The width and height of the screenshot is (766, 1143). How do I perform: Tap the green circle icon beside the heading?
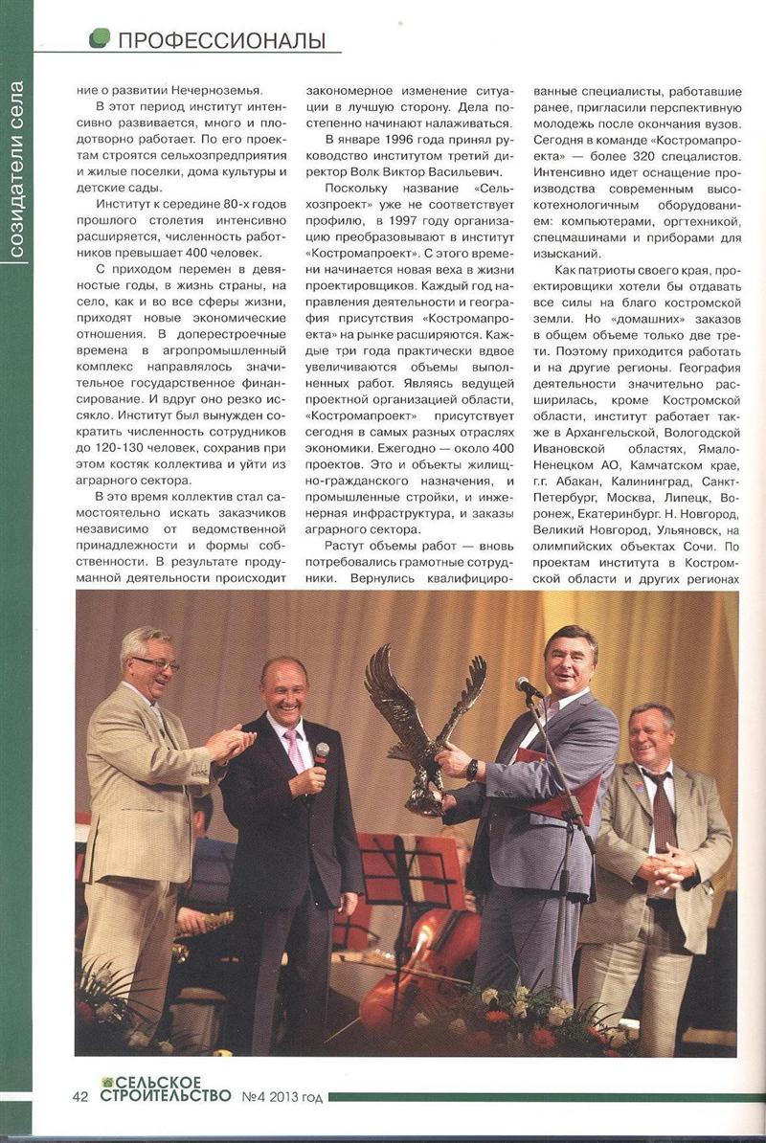tap(99, 38)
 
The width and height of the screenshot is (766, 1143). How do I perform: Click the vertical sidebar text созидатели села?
tap(16, 171)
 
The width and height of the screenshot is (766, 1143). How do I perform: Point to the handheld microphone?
tap(320, 755)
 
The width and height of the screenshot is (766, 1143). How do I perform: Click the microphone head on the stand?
tap(524, 684)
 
